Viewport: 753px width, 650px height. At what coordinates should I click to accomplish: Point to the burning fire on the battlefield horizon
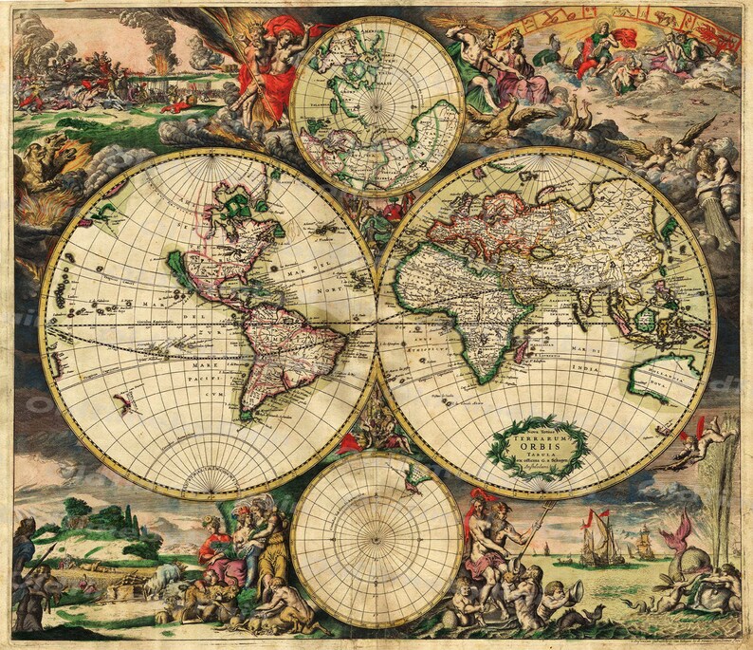coord(157,67)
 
